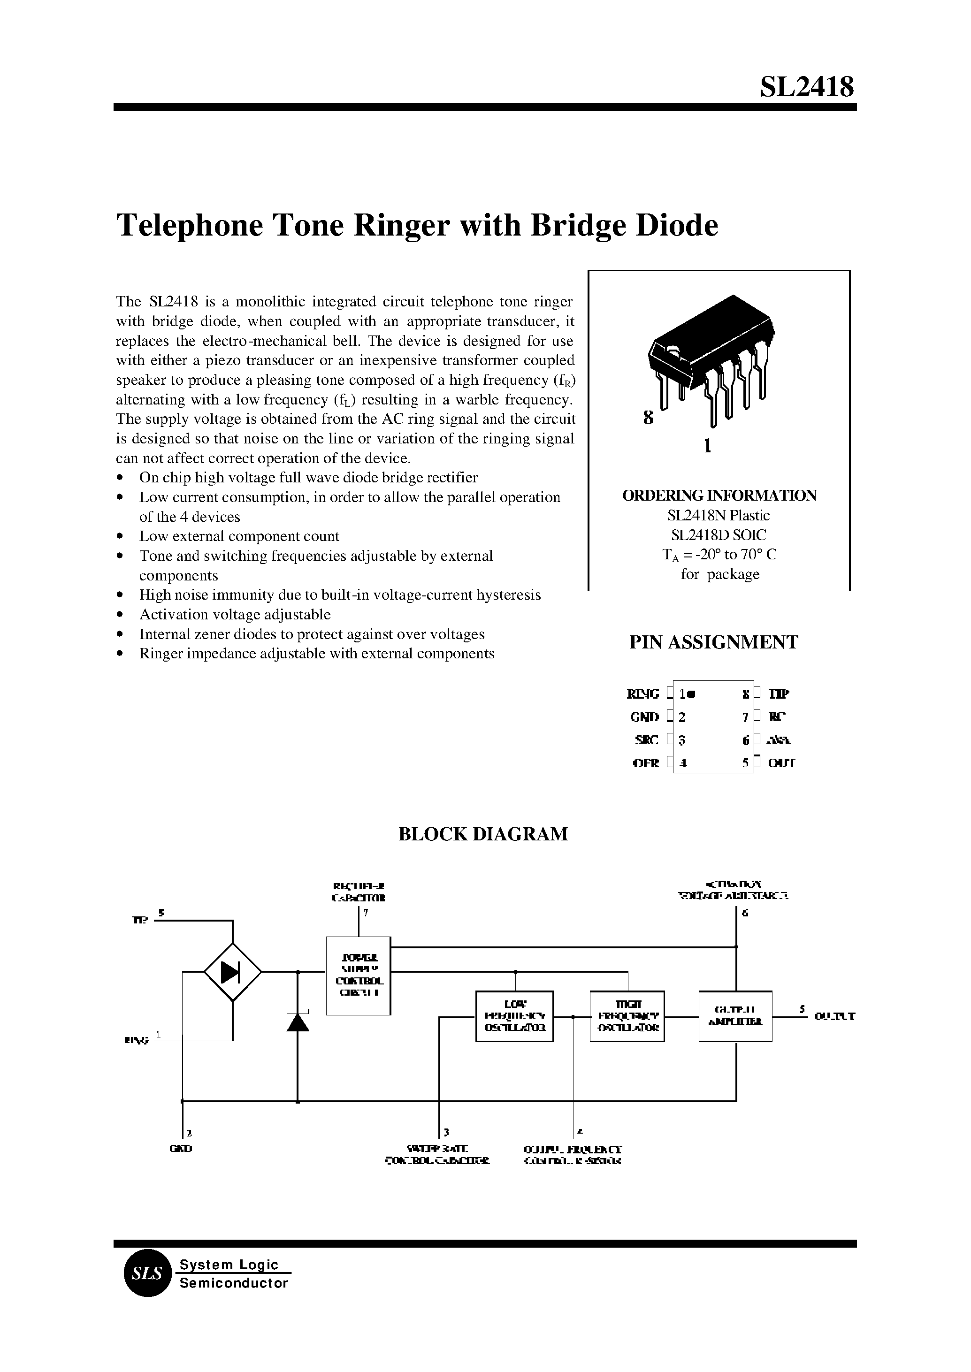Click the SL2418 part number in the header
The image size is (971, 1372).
[x=807, y=87]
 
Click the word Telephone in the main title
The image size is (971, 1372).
[x=190, y=227]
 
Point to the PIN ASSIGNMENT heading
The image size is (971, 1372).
[x=713, y=642]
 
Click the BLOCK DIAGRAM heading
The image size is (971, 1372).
[x=483, y=834]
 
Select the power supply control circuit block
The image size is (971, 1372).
[x=358, y=976]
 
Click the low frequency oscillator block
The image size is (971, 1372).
[x=514, y=1016]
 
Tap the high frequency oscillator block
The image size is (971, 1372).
[x=627, y=1016]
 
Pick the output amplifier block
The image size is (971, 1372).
[x=735, y=1016]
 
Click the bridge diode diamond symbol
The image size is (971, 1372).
[x=233, y=973]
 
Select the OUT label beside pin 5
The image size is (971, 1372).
[x=781, y=763]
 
